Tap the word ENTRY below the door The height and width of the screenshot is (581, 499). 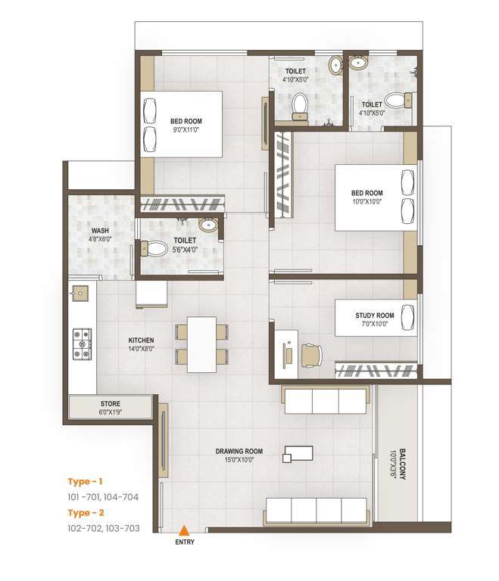click(184, 542)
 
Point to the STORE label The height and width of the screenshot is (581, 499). click(110, 403)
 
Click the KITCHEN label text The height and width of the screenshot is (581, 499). click(142, 340)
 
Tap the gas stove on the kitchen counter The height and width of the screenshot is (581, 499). click(81, 344)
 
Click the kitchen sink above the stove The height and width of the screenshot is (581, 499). click(79, 290)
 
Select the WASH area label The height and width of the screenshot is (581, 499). click(100, 231)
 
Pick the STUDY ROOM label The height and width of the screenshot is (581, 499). click(375, 315)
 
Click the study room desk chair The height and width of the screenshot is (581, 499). click(311, 353)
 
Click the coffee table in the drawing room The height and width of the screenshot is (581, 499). click(297, 454)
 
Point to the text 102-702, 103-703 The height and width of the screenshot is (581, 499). click(104, 528)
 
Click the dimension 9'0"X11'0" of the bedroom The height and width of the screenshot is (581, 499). click(186, 129)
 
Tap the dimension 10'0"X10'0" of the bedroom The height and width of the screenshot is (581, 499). click(367, 202)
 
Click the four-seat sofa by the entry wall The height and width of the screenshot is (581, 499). click(316, 511)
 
